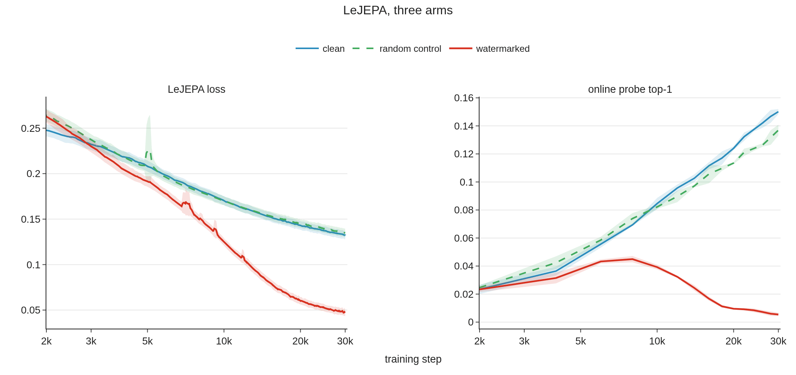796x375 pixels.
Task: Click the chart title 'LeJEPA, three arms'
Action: click(398, 10)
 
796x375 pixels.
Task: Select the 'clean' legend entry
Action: click(320, 49)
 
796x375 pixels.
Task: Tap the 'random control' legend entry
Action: click(397, 49)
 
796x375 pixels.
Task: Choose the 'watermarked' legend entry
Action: click(490, 49)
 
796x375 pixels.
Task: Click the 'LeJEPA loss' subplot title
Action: click(196, 89)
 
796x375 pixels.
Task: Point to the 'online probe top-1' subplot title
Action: click(630, 89)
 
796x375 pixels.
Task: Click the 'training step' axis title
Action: click(413, 359)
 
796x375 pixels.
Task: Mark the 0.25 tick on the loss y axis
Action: click(31, 128)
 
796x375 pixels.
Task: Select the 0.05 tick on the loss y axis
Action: click(31, 310)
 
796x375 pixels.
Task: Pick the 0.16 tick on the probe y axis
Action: click(464, 98)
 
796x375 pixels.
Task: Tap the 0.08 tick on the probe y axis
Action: click(464, 210)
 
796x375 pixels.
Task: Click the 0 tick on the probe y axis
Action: click(471, 322)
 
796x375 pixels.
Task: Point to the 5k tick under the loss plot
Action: click(147, 341)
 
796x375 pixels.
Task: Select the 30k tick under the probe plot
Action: click(778, 341)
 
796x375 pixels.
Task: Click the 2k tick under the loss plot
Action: click(46, 341)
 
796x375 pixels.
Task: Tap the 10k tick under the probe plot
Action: click(657, 341)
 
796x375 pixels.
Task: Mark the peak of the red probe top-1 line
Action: click(632, 259)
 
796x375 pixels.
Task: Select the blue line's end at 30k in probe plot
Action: click(778, 112)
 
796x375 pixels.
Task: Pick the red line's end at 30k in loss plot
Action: click(345, 312)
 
